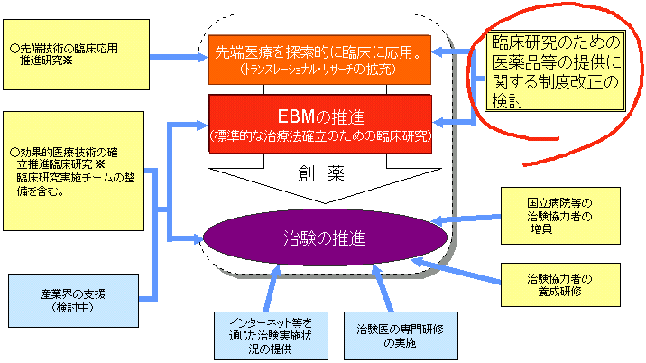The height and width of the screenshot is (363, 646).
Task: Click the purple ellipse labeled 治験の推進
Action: (326, 238)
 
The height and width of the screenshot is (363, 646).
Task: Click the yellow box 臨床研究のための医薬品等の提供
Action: (554, 71)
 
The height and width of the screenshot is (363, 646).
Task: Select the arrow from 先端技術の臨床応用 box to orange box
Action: (176, 57)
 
